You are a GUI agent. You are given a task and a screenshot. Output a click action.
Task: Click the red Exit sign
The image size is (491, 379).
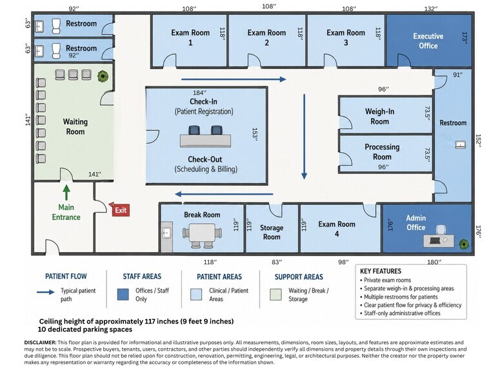pyautogui.click(x=119, y=210)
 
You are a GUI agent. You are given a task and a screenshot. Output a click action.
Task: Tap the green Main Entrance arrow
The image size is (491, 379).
pyautogui.click(x=66, y=192)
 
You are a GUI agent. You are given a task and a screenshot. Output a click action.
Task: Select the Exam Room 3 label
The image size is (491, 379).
pyautogui.click(x=346, y=37)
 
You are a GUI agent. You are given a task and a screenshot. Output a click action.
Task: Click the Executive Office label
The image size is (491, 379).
pyautogui.click(x=428, y=41)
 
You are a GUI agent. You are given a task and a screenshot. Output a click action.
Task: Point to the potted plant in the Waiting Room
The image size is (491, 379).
pyautogui.click(x=103, y=76)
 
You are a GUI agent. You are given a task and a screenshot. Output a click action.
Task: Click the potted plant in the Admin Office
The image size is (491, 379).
pyautogui.click(x=464, y=244)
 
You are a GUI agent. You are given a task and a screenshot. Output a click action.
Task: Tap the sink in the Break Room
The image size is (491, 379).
pyautogui.click(x=166, y=233)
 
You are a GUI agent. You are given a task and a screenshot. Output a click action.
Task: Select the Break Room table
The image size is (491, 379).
pyautogui.click(x=203, y=234)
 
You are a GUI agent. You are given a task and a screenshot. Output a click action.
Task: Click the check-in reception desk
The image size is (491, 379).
pyautogui.click(x=205, y=141)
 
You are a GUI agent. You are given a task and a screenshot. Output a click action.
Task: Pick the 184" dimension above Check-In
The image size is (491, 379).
pyautogui.click(x=199, y=93)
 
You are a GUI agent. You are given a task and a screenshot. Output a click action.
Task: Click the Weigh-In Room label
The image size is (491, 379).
pyautogui.click(x=379, y=116)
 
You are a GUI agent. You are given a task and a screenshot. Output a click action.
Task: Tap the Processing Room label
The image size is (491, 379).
pyautogui.click(x=382, y=151)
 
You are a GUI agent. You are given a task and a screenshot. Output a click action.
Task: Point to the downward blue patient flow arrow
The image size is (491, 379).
pyautogui.click(x=304, y=137)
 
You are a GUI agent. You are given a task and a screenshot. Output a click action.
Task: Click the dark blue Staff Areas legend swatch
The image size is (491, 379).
pyautogui.click(x=123, y=295)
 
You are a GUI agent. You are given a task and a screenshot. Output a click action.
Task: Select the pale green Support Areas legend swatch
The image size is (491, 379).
pyautogui.click(x=276, y=295)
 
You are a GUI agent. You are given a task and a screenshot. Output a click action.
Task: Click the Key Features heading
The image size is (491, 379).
pyautogui.click(x=381, y=271)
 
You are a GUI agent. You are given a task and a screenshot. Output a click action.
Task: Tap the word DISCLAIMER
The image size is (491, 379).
pyautogui.click(x=41, y=342)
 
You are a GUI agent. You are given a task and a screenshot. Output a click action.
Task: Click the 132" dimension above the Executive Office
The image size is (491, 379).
pyautogui.click(x=431, y=9)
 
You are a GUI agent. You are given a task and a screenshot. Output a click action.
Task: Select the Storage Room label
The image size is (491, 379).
pyautogui.click(x=272, y=232)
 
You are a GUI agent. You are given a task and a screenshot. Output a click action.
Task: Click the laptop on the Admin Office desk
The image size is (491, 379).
pyautogui.click(x=434, y=240)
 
